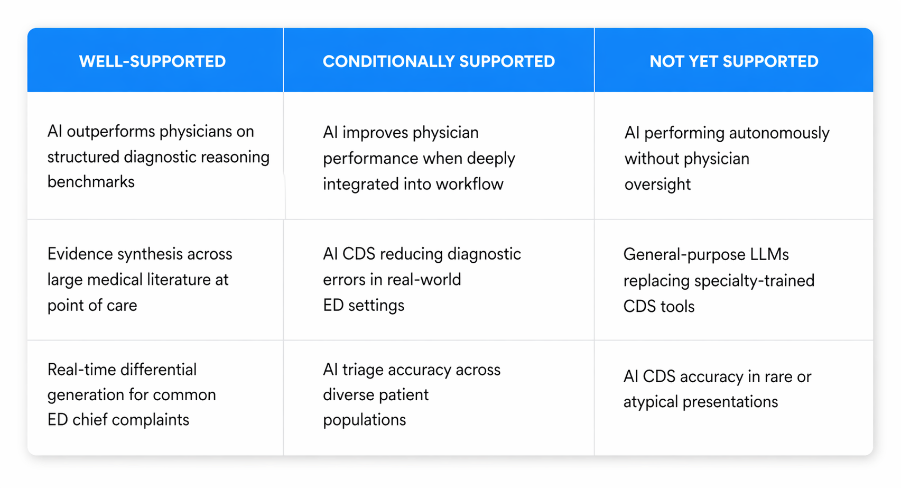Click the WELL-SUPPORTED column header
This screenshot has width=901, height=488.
pos(152,61)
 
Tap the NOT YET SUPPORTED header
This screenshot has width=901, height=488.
pos(733,61)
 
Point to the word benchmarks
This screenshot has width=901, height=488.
pos(91,182)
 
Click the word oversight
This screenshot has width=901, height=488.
pos(657,184)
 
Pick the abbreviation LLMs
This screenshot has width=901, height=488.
pos(769,254)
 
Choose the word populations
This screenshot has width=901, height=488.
pos(364,420)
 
